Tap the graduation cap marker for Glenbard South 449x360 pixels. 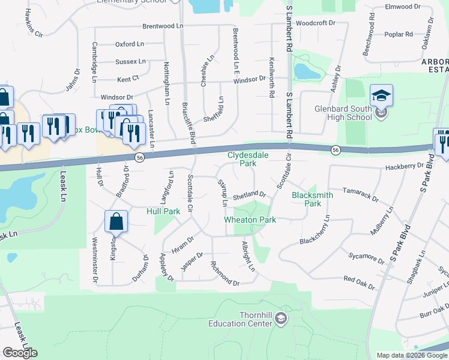[x=381, y=95]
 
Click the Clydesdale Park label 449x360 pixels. [x=242, y=158]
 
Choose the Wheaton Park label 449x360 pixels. [x=250, y=220]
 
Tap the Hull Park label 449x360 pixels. [x=163, y=212]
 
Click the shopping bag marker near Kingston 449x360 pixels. [x=116, y=221]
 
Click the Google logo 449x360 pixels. [x=20, y=353]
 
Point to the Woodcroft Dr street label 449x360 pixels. [x=315, y=23]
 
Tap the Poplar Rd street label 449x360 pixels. [x=402, y=34]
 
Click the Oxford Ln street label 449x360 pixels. [x=130, y=44]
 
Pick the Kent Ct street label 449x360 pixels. [x=128, y=79]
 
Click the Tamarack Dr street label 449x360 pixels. [x=360, y=196]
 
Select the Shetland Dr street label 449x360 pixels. [x=249, y=194]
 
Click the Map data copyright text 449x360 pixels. [x=412, y=355]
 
